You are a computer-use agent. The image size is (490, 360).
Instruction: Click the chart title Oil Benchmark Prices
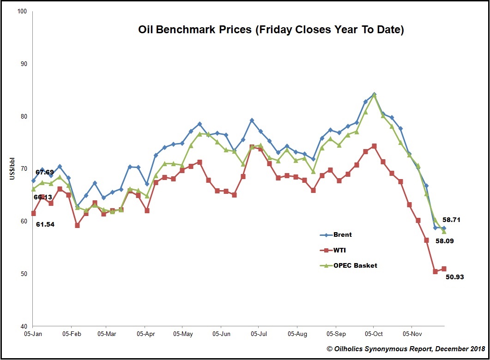[x=271, y=30]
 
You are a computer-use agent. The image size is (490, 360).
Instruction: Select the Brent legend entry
[x=342, y=235]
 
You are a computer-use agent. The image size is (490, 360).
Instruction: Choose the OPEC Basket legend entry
[x=355, y=265]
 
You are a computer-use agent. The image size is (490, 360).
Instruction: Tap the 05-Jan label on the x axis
[x=33, y=333]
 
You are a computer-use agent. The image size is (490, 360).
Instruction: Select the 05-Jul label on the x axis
[x=259, y=333]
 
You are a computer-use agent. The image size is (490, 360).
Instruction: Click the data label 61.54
[x=46, y=224]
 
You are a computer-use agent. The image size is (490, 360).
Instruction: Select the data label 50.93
[x=454, y=277]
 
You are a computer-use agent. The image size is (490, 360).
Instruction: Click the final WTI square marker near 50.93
[x=444, y=269]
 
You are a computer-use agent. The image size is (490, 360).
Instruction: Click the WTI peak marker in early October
[x=374, y=146]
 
